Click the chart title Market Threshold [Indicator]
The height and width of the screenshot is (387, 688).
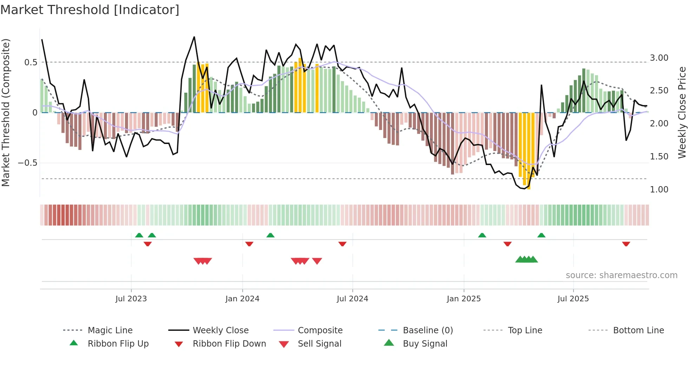pos(90,10)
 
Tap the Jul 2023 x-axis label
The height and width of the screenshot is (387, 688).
pos(131,299)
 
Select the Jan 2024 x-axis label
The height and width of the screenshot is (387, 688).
pos(242,299)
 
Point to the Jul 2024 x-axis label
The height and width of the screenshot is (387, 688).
pos(352,299)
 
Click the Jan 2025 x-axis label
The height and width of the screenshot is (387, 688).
pos(464,299)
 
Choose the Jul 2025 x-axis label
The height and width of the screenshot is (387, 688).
pos(573,299)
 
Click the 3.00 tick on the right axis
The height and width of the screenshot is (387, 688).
pos(659,58)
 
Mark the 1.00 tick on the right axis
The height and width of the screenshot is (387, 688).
pos(659,190)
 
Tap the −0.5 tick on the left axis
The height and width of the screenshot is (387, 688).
pos(27,163)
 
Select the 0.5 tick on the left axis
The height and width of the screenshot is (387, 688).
pos(31,63)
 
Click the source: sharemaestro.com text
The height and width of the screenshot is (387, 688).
pos(621,275)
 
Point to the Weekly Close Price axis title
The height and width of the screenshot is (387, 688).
pos(682,112)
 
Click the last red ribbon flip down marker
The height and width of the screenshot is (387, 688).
pos(626,244)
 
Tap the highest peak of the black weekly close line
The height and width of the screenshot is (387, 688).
pos(194,37)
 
